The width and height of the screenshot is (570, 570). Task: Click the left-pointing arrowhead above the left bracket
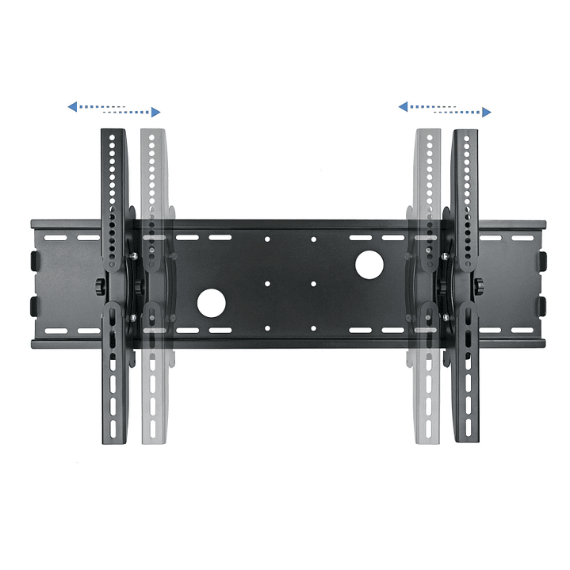pyautogui.click(x=72, y=105)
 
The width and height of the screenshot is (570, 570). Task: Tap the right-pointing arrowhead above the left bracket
pyautogui.click(x=156, y=112)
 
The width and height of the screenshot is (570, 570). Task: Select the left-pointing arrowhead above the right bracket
pyautogui.click(x=403, y=105)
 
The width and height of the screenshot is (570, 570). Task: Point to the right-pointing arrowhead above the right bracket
pyautogui.click(x=486, y=112)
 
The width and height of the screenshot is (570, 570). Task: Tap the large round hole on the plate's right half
pyautogui.click(x=369, y=265)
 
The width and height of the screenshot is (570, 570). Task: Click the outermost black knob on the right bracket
pyautogui.click(x=480, y=284)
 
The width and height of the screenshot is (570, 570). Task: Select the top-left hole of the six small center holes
pyautogui.click(x=267, y=238)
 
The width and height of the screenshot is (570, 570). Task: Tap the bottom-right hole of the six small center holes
pyautogui.click(x=313, y=327)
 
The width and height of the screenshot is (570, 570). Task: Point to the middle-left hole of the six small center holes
pyautogui.click(x=267, y=283)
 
